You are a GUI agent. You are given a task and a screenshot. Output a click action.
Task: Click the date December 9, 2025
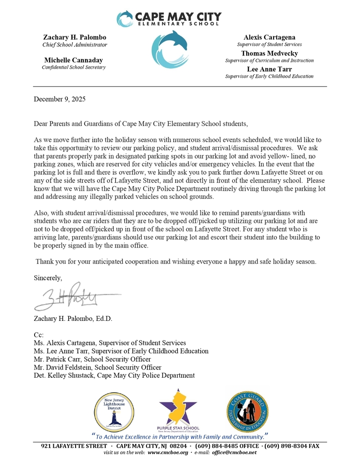pyautogui.click(x=60, y=99)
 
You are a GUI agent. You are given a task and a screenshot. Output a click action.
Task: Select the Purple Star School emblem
pyautogui.click(x=178, y=410)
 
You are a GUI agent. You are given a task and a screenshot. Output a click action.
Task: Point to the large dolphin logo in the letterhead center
pyautogui.click(x=169, y=49)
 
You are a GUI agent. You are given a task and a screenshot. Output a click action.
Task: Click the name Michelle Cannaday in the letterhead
pyautogui.click(x=73, y=60)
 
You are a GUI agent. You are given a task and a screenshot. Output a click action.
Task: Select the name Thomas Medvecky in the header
pyautogui.click(x=269, y=53)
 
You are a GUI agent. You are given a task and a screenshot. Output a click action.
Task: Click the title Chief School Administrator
pyautogui.click(x=75, y=45)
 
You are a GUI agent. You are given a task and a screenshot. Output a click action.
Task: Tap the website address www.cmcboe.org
pyautogui.click(x=167, y=453)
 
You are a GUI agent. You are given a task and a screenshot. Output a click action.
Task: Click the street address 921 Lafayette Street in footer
pyautogui.click(x=74, y=446)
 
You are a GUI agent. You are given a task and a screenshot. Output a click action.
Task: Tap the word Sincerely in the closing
pyautogui.click(x=48, y=277)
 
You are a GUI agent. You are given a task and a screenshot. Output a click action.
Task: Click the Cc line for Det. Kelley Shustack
pyautogui.click(x=114, y=375)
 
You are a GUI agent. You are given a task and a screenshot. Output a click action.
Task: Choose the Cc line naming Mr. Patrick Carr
pyautogui.click(x=92, y=359)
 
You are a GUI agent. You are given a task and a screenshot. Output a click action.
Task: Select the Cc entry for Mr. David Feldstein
pyautogui.click(x=97, y=367)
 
